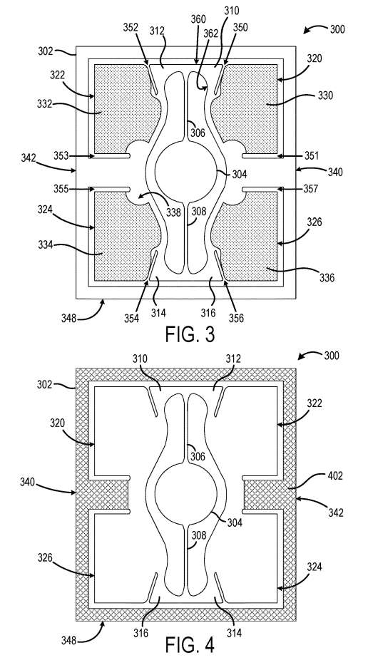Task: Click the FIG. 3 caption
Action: (190, 334)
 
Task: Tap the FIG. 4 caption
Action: (190, 645)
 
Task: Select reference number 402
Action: (335, 475)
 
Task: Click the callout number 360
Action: (198, 19)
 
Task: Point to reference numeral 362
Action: (210, 33)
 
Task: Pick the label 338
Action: (173, 212)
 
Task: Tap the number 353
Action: (61, 155)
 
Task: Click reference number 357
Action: (310, 188)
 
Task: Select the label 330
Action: (325, 96)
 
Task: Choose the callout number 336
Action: (327, 278)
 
